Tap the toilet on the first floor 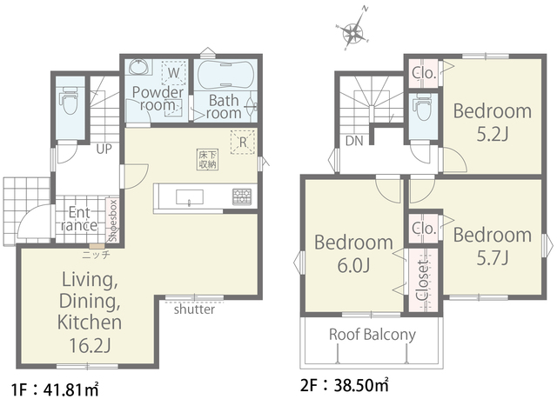pos(70,100)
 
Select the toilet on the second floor pos(423,107)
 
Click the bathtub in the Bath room pos(225,75)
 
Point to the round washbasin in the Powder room pos(139,66)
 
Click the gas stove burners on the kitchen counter pos(242,196)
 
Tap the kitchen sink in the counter pos(190,197)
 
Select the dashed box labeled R pos(243,142)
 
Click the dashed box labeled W pos(174,73)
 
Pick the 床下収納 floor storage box pos(208,160)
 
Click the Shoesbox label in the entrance pos(113,221)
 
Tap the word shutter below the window pos(194,309)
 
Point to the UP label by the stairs pos(104,149)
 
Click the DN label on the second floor pos(354,141)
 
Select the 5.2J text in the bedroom pos(493,135)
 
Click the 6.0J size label pos(354,265)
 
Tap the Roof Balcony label pos(372,335)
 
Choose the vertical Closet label pos(423,281)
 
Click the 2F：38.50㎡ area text pos(345,385)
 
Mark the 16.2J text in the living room pos(90,345)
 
